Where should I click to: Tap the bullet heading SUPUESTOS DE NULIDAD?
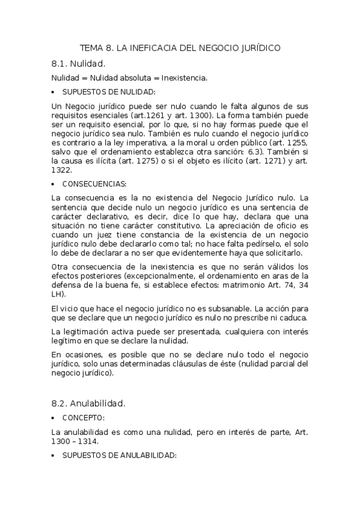click(109, 91)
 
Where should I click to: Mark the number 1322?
click(62, 170)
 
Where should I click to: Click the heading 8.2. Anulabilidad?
click(88, 403)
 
